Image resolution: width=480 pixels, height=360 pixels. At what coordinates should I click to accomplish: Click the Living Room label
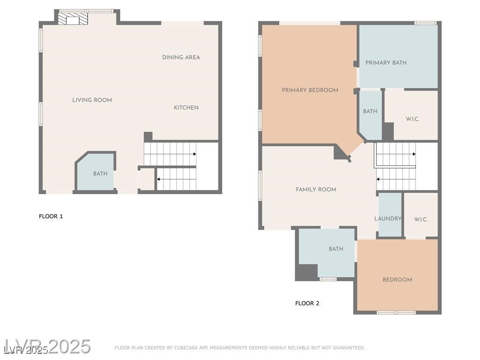click(x=92, y=100)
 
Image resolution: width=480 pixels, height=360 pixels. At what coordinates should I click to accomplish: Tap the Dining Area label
click(x=181, y=57)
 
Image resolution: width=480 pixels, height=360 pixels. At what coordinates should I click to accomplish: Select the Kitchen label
click(x=186, y=107)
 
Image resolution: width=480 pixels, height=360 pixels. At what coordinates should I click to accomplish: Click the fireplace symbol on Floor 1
click(x=73, y=18)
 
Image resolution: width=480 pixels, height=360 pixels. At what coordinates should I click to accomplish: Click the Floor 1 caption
click(x=51, y=217)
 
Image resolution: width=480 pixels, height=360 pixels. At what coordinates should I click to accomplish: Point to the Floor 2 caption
click(x=307, y=303)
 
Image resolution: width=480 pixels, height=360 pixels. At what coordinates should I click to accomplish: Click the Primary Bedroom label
click(x=310, y=90)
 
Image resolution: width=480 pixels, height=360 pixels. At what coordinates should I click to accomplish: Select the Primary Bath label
click(x=386, y=63)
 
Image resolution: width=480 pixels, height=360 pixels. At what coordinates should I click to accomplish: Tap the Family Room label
click(x=316, y=189)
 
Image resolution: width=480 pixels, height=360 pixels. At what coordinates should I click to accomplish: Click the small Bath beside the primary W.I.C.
click(x=370, y=115)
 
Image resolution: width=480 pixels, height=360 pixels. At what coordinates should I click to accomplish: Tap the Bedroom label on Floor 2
click(x=397, y=280)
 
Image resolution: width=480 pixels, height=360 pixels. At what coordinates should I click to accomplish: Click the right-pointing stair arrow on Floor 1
click(x=170, y=154)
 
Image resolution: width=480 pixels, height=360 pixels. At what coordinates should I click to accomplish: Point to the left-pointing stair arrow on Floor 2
click(x=396, y=180)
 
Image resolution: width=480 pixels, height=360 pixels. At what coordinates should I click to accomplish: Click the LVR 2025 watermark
click(x=47, y=346)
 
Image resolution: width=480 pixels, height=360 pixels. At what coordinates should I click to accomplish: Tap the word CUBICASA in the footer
click(x=186, y=348)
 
